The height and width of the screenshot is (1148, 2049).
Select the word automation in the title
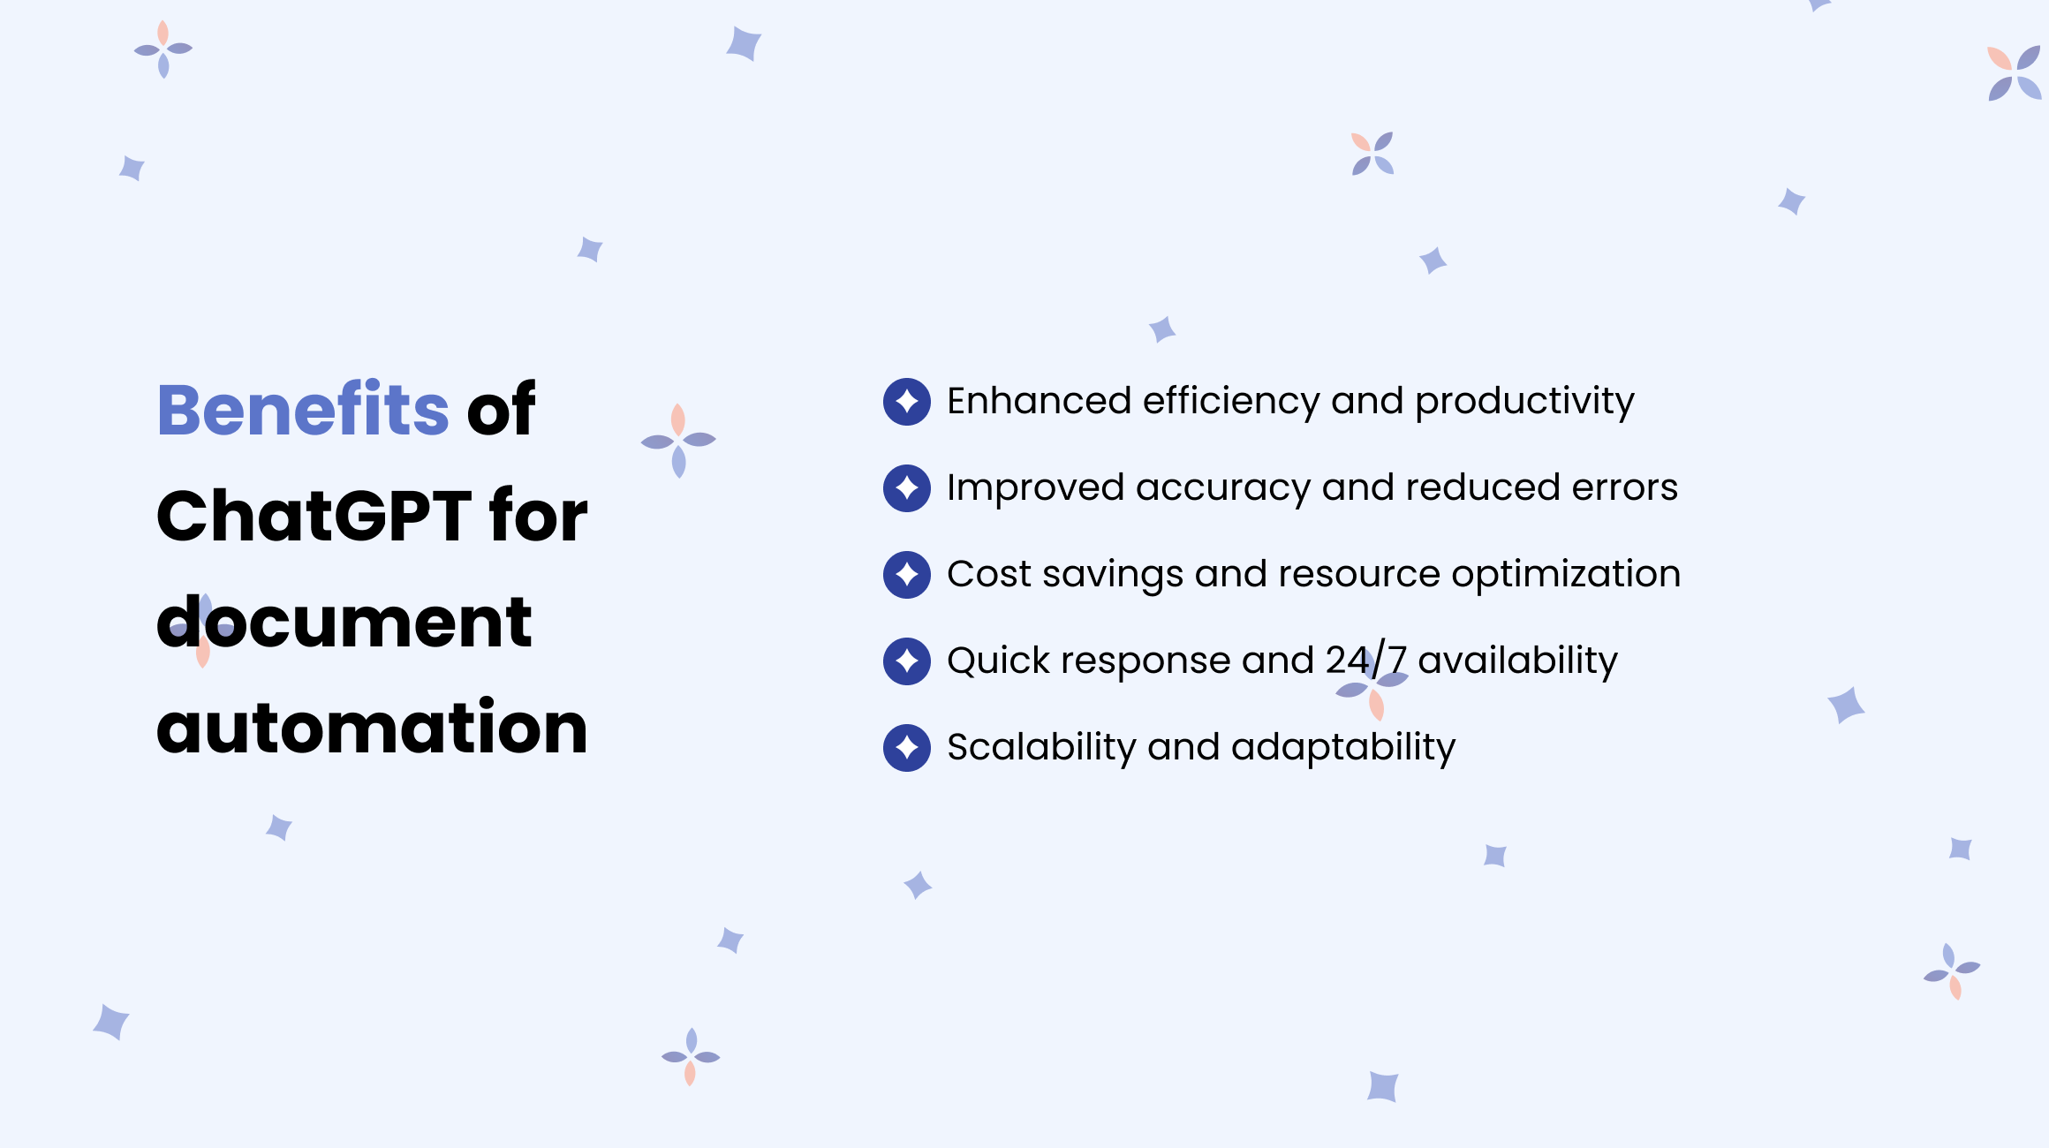click(x=372, y=728)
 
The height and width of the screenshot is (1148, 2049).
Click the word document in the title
click(x=344, y=622)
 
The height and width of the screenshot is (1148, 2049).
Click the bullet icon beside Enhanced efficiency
click(x=907, y=402)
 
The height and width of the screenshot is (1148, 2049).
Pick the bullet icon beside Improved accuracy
click(x=907, y=488)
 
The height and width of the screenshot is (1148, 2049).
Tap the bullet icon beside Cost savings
click(x=907, y=575)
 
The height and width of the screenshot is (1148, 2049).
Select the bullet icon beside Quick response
click(x=907, y=661)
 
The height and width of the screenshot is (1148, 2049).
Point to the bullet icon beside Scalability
click(x=907, y=748)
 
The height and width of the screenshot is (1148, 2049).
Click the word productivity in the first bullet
click(x=1524, y=402)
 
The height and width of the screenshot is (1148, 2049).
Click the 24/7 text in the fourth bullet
click(x=1365, y=661)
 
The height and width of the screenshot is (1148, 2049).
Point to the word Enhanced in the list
click(x=1039, y=402)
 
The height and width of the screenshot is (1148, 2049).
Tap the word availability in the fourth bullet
click(x=1517, y=661)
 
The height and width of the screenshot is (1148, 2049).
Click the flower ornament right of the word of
click(x=678, y=441)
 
